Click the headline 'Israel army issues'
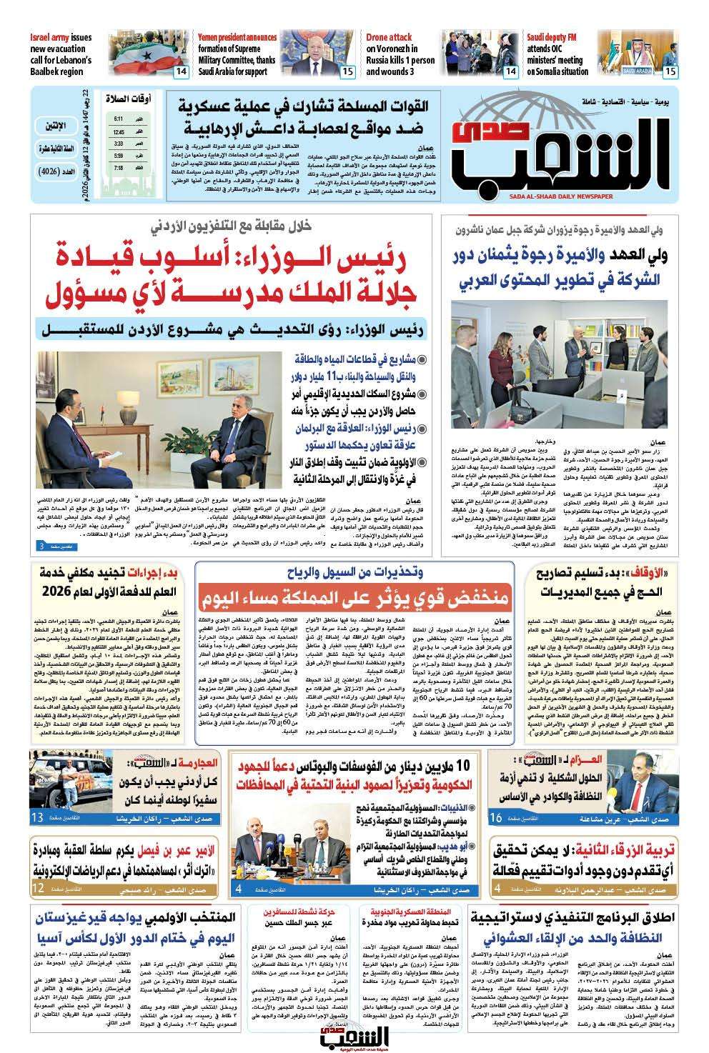(61, 37)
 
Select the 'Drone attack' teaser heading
(390, 37)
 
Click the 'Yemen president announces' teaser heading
(238, 37)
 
